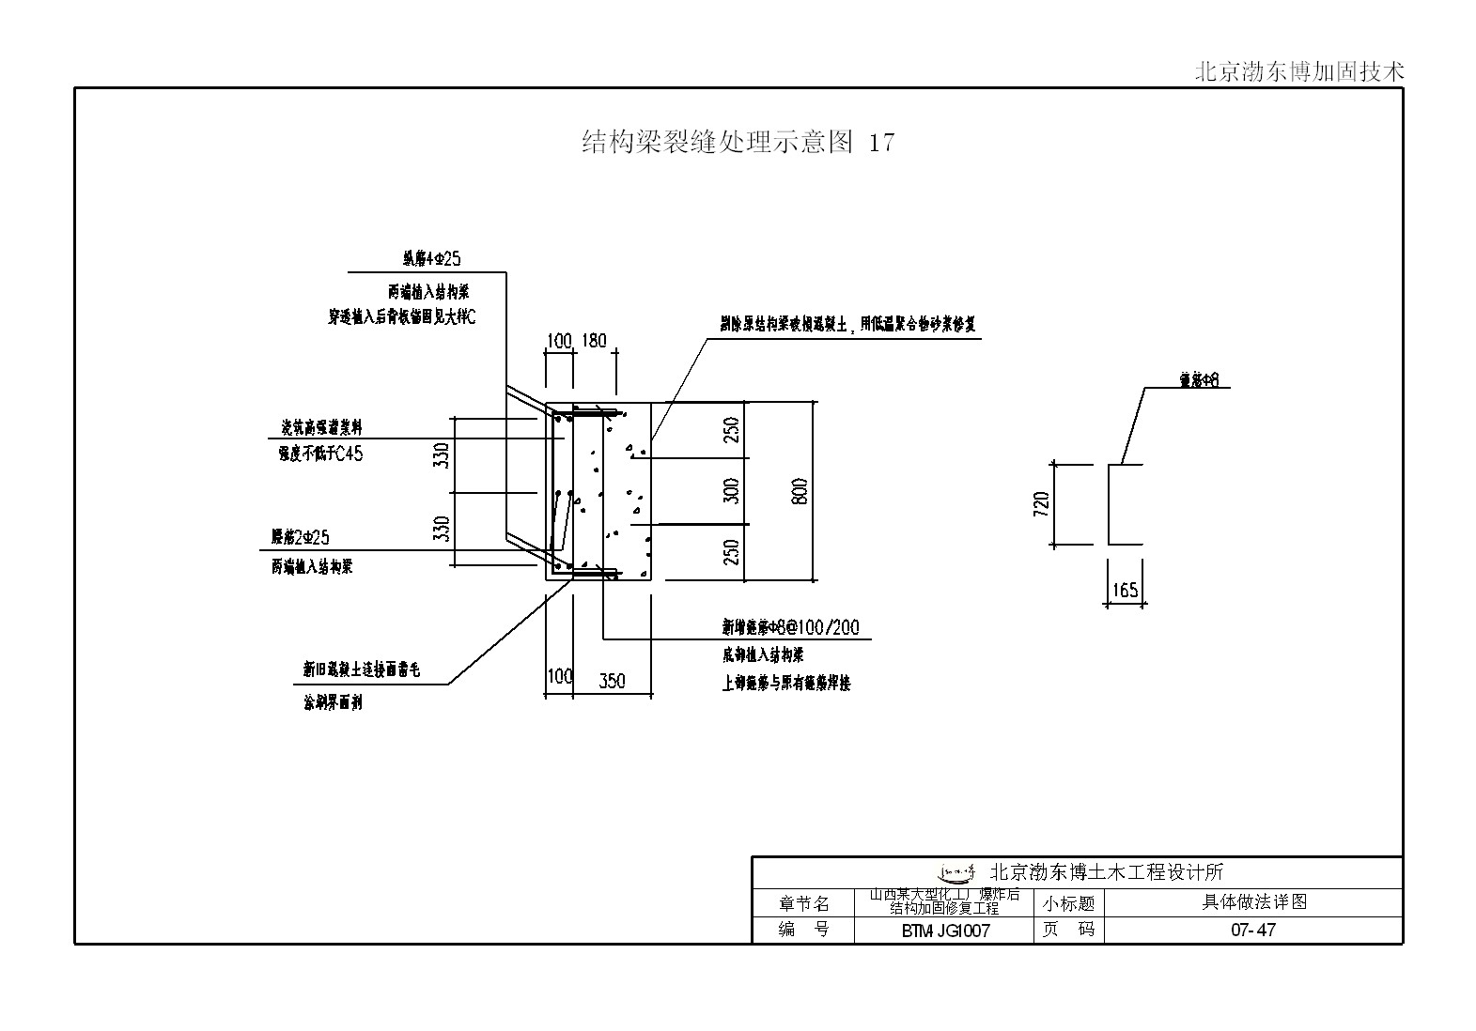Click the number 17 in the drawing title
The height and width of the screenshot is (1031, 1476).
tap(881, 143)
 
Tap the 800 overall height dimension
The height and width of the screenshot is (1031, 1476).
tap(800, 491)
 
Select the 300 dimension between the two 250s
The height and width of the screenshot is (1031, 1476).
tap(733, 491)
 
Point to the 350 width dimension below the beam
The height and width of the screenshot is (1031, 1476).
tap(612, 681)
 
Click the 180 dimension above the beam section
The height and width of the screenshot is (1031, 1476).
tap(595, 341)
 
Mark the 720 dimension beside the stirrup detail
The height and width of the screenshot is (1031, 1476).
tap(1041, 504)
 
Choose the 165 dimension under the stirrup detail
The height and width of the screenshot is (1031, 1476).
tap(1125, 591)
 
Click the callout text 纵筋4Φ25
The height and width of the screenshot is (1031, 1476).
tap(432, 258)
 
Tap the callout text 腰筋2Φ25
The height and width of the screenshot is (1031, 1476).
tap(301, 537)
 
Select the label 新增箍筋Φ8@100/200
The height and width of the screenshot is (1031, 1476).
tap(790, 627)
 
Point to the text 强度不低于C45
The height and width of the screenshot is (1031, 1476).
tap(319, 454)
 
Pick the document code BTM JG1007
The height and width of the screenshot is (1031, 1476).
tap(945, 931)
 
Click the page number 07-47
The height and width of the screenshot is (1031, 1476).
tap(1253, 931)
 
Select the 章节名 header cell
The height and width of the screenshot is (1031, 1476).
tap(804, 903)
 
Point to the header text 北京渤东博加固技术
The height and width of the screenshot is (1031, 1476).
tap(1298, 72)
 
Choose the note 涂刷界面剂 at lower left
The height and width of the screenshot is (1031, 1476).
tap(333, 702)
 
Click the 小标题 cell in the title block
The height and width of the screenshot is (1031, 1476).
tap(1068, 903)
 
